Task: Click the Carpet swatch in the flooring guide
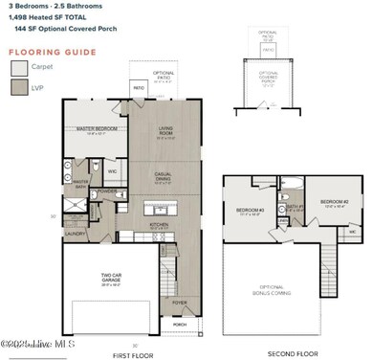click(x=19, y=68)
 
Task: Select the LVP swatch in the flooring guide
click(x=19, y=88)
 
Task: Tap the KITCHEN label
click(x=160, y=226)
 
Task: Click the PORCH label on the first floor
click(x=180, y=325)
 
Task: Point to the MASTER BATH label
click(x=80, y=183)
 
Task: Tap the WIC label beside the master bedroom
click(x=112, y=172)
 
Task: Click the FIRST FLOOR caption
click(x=133, y=353)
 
